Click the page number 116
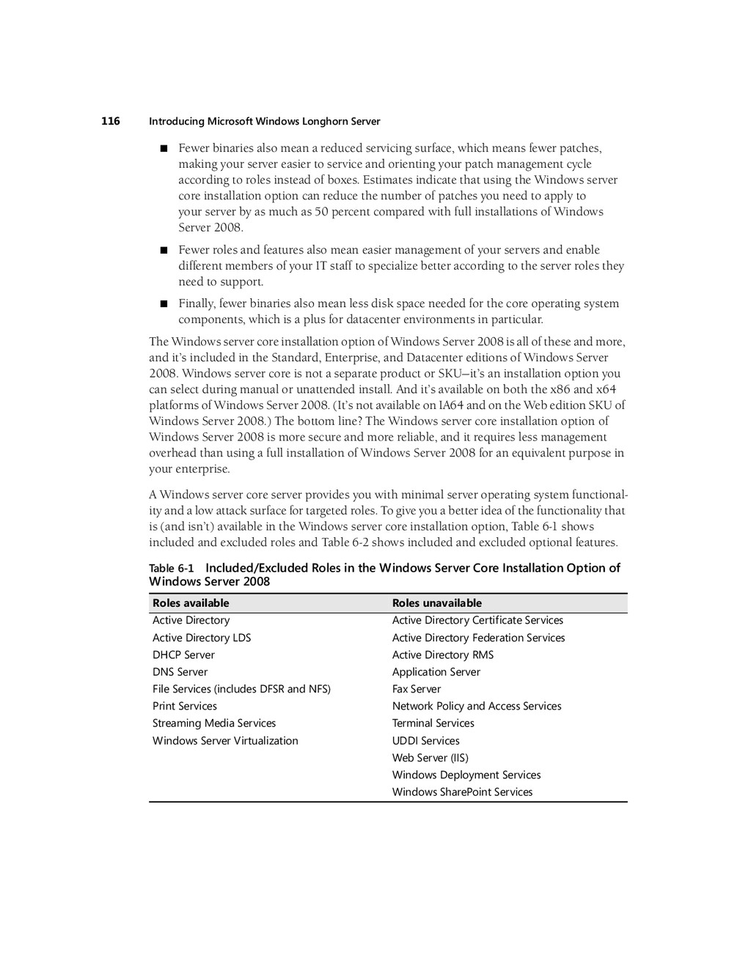(111, 121)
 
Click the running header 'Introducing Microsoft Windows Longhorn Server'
(264, 122)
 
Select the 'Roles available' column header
(191, 603)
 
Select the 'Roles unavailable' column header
(437, 603)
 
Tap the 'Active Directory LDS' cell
(202, 638)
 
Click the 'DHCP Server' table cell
(183, 655)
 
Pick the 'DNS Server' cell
(180, 672)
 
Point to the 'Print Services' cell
(185, 706)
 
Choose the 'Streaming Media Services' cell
(214, 723)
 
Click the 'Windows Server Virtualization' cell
(225, 741)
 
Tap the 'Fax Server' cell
(417, 689)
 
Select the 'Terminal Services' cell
(433, 723)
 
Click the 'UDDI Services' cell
(425, 741)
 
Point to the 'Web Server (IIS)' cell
(430, 758)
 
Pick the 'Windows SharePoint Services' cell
(462, 792)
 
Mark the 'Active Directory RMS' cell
(443, 655)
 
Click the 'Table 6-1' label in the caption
(172, 569)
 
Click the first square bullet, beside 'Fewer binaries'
(164, 149)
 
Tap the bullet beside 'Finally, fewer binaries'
(164, 304)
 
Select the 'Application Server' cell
(436, 672)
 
